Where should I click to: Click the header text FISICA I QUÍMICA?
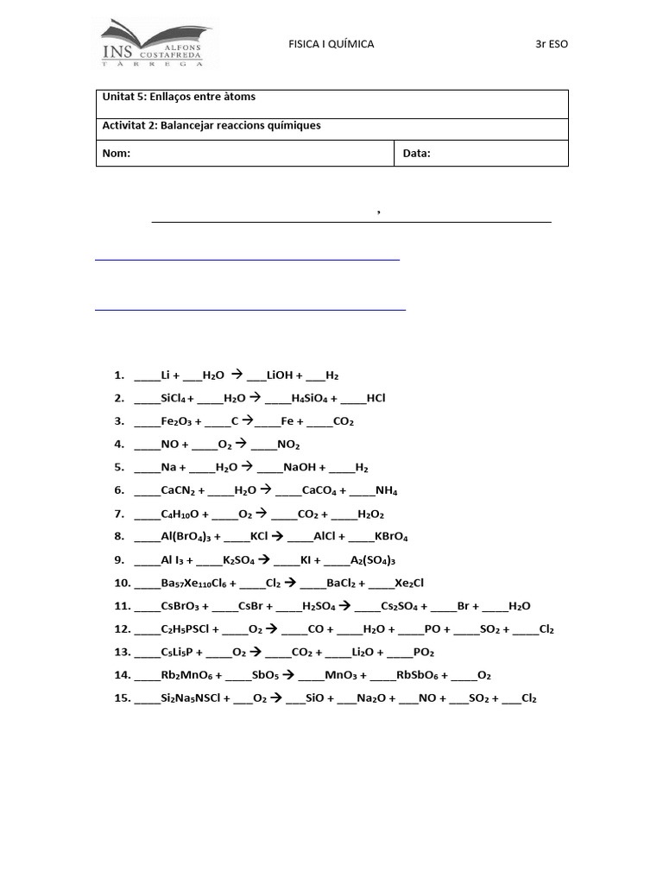331,44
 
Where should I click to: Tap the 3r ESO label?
552,44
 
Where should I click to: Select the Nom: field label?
117,154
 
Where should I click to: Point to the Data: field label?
416,154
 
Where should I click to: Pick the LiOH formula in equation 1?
281,376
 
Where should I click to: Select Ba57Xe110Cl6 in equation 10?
193,583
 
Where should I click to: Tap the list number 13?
121,652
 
